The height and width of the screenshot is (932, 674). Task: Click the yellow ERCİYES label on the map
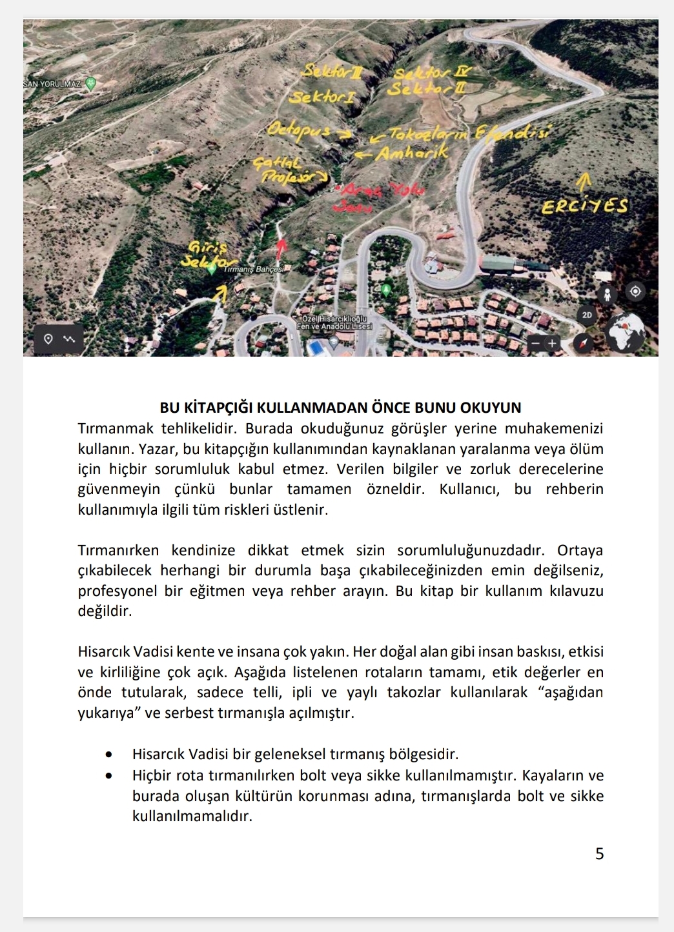[x=584, y=206]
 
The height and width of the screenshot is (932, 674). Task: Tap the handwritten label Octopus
[x=299, y=130]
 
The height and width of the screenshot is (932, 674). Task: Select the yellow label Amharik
[x=411, y=154]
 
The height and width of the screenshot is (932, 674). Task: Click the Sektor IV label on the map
[x=433, y=72]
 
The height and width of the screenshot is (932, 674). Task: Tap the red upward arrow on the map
[x=281, y=248]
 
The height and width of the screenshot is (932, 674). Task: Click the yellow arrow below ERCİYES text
[x=585, y=181]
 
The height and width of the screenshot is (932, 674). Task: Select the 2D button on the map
[x=586, y=315]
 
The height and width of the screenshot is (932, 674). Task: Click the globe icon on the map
[x=626, y=332]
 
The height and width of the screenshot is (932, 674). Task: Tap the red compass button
[x=584, y=343]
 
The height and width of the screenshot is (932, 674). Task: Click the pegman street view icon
[x=607, y=295]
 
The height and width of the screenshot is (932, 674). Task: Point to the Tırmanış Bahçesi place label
[x=254, y=269]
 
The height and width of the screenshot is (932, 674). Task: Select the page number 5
[x=599, y=853]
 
